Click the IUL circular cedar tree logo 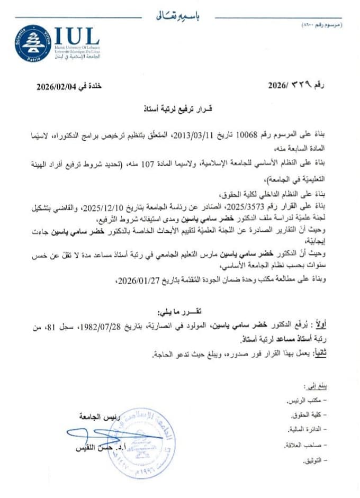point(33,44)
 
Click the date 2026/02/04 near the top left point(58,85)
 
